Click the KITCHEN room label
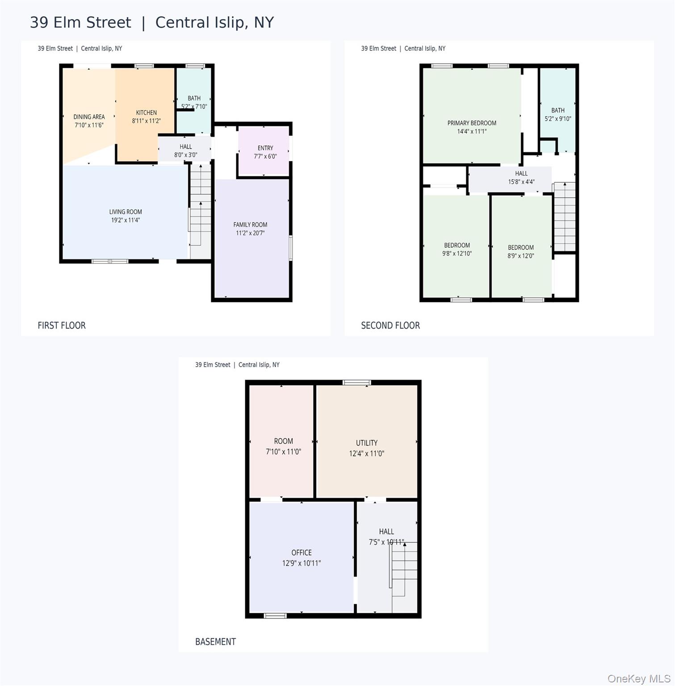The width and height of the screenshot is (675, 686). click(x=146, y=113)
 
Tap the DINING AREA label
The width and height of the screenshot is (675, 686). click(x=89, y=117)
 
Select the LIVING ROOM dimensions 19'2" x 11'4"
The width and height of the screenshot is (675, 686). click(x=126, y=220)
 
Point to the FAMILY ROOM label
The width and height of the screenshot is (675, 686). click(x=250, y=225)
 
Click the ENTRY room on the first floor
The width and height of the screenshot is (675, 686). click(x=264, y=151)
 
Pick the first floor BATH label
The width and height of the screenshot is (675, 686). click(x=194, y=98)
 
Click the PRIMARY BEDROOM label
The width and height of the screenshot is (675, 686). click(x=472, y=123)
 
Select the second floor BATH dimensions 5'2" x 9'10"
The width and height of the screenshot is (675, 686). click(x=558, y=119)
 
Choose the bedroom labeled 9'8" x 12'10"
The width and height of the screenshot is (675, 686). click(x=456, y=246)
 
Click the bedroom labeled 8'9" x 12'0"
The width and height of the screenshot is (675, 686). click(x=521, y=246)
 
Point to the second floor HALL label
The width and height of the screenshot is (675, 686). click(x=521, y=173)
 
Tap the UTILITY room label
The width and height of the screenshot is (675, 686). click(x=366, y=443)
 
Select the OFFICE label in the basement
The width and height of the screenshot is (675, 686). click(x=302, y=553)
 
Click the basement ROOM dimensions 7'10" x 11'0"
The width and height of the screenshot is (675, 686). click(x=283, y=452)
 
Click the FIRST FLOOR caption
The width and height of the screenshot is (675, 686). click(x=62, y=326)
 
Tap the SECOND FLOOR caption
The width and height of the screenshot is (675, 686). click(x=390, y=326)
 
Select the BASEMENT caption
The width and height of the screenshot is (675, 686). click(x=215, y=642)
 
